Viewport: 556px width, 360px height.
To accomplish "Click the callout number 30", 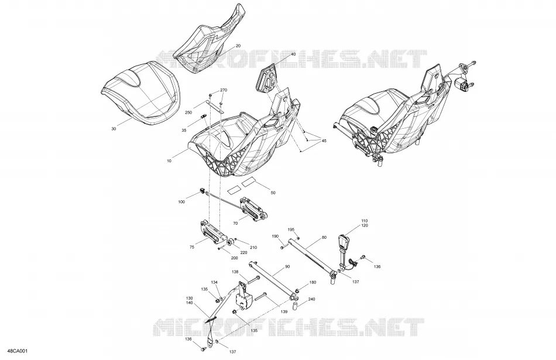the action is [114, 129].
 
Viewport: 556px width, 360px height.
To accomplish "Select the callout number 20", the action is [238, 46].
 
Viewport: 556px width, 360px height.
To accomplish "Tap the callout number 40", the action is [293, 54].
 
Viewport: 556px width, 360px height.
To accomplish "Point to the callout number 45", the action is [324, 141].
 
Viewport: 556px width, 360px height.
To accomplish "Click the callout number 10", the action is [169, 161].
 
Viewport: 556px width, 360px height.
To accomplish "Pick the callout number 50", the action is [273, 193].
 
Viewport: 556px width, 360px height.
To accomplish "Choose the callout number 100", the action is [181, 202].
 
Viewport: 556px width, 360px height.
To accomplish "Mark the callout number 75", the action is [192, 248].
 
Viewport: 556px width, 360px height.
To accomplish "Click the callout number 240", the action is [311, 299].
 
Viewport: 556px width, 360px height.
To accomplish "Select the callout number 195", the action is [291, 229].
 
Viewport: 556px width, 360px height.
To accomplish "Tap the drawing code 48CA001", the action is [19, 351].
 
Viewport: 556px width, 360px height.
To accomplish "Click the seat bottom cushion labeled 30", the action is [142, 93].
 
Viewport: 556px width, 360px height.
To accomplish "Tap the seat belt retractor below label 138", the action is [243, 297].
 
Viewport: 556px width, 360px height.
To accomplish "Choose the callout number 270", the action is [224, 91].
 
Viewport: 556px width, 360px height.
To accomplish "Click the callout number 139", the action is [284, 312].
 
